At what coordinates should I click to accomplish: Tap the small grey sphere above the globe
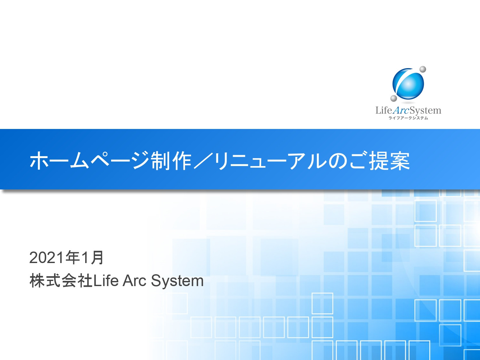pos(423,69)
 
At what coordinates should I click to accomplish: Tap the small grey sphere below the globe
pos(394,98)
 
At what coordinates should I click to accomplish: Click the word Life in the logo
pos(384,110)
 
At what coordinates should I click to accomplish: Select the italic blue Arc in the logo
pos(401,110)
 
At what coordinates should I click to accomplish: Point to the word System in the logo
pos(425,111)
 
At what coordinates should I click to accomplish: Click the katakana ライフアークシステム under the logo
pos(408,118)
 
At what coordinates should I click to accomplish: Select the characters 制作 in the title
pos(171,160)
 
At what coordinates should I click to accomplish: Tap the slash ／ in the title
pos(203,160)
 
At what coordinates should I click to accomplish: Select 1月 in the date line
pos(92,258)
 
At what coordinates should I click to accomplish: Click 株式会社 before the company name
pos(61,281)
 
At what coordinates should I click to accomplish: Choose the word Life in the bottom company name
pos(106,281)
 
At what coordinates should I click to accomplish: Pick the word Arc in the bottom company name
pos(134,281)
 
